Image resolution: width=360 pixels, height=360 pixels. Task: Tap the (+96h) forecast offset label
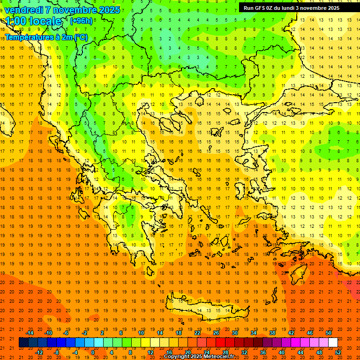(x=81, y=21)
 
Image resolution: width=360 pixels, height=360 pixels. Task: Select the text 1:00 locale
(x=34, y=21)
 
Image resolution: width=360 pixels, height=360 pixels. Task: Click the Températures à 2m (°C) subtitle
(x=46, y=37)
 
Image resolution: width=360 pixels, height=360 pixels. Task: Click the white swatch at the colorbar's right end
(x=333, y=343)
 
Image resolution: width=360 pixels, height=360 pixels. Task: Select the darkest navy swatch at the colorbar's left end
(x=23, y=343)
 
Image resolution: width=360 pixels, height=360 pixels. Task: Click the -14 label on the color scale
(x=30, y=333)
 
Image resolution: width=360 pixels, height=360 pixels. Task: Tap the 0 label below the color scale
(x=93, y=352)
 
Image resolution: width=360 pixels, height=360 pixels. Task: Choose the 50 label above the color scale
(x=329, y=333)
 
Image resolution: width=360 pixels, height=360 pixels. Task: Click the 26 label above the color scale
(x=216, y=333)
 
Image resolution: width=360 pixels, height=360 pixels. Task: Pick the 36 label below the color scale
(x=263, y=352)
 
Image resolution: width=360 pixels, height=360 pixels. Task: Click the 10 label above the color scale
(x=141, y=333)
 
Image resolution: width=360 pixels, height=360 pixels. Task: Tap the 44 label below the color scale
(x=300, y=352)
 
